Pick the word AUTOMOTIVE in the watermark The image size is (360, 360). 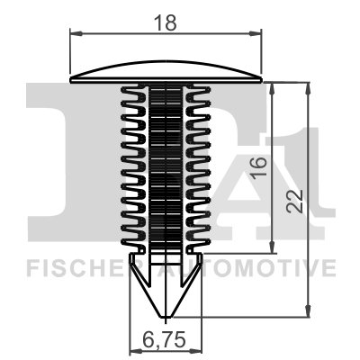point(261,269)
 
